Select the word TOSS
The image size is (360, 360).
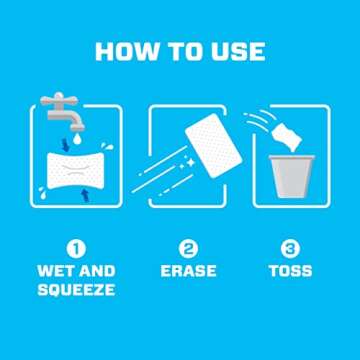coord(290,271)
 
